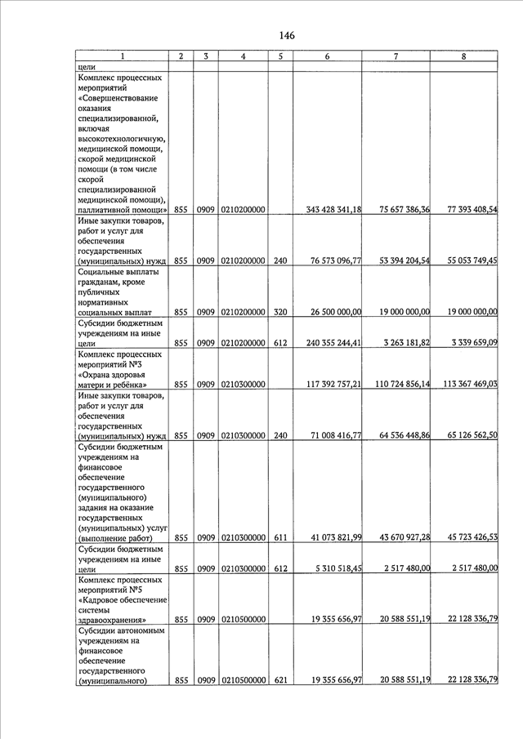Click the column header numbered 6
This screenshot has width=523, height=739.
[326, 56]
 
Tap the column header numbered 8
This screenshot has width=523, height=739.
[463, 56]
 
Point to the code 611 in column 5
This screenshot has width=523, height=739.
[279, 537]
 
